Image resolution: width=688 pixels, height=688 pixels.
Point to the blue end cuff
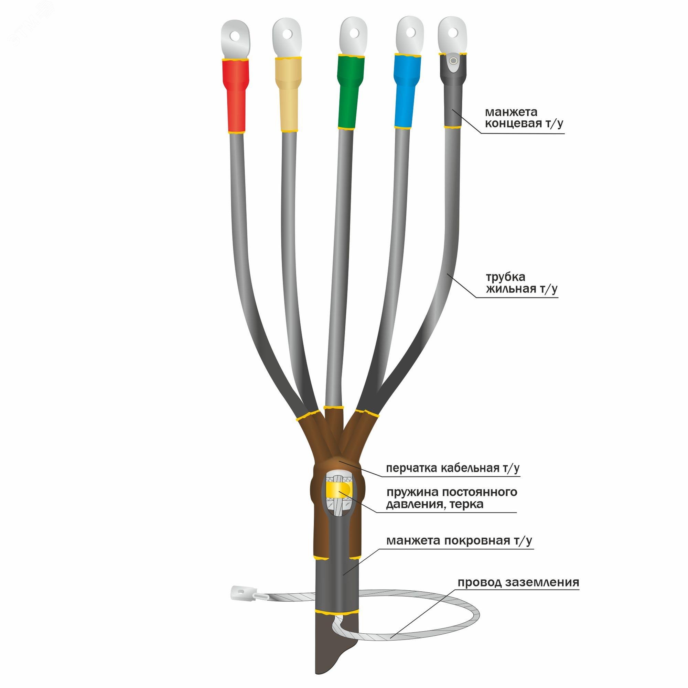pyautogui.click(x=407, y=90)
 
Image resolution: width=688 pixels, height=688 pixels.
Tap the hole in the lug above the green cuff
pyautogui.click(x=354, y=33)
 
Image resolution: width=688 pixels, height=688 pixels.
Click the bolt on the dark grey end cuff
pyautogui.click(x=453, y=61)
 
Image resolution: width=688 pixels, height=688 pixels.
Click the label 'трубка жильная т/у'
pyautogui.click(x=522, y=282)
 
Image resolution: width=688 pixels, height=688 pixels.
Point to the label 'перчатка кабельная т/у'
pyautogui.click(x=453, y=468)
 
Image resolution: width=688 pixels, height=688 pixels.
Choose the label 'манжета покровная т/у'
pyautogui.click(x=459, y=540)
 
